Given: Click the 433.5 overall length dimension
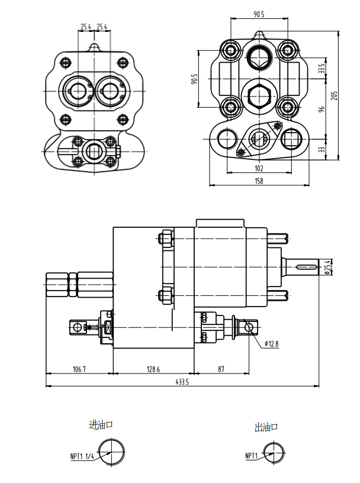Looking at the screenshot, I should pyautogui.click(x=181, y=382).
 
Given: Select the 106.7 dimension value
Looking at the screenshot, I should pyautogui.click(x=79, y=369).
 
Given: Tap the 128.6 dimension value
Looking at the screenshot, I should pyautogui.click(x=153, y=369).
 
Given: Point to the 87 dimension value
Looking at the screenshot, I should pyautogui.click(x=221, y=369).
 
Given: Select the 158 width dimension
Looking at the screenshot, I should pyautogui.click(x=259, y=181).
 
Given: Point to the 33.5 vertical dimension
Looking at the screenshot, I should pyautogui.click(x=323, y=69).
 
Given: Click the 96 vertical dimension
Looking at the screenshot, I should pyautogui.click(x=323, y=110).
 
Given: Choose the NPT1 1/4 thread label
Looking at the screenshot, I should pyautogui.click(x=82, y=456).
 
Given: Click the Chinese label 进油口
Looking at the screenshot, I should pyautogui.click(x=100, y=425).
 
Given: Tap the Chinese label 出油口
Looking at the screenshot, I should pyautogui.click(x=266, y=426).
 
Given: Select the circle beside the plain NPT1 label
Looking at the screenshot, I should pyautogui.click(x=272, y=454).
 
